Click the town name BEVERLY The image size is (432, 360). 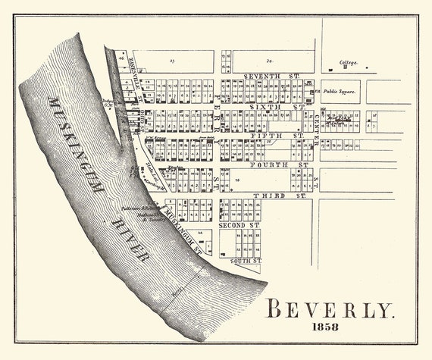pos(330,310)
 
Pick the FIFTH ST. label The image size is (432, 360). pos(277,136)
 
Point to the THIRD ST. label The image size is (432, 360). pos(278,196)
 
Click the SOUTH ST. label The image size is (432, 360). pos(246,261)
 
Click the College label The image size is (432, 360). pos(349,62)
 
